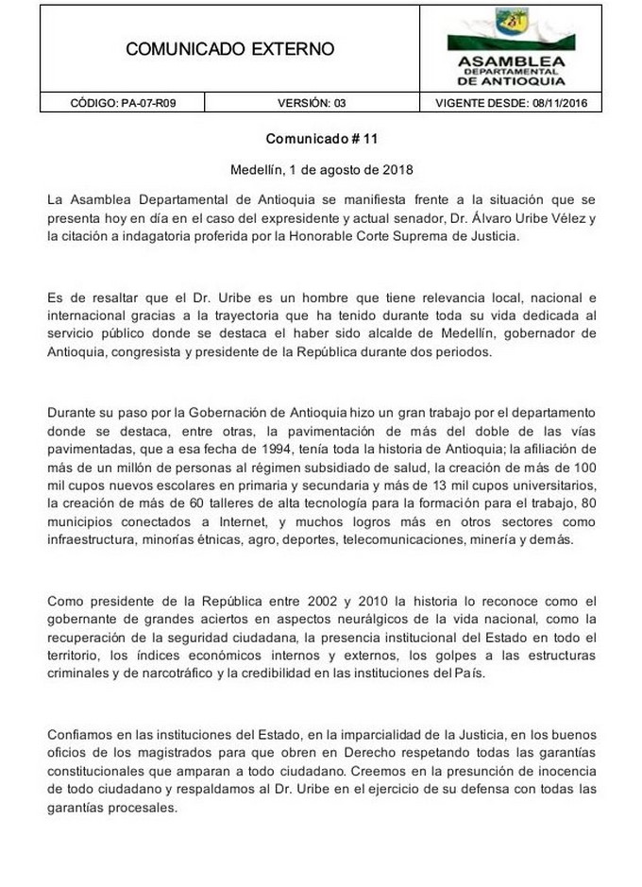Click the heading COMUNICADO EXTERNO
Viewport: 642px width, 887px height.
coord(229,50)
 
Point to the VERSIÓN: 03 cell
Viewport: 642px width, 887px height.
coord(313,104)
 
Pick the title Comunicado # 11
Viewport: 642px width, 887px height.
coord(321,138)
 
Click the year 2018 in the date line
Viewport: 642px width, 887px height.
coord(394,171)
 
